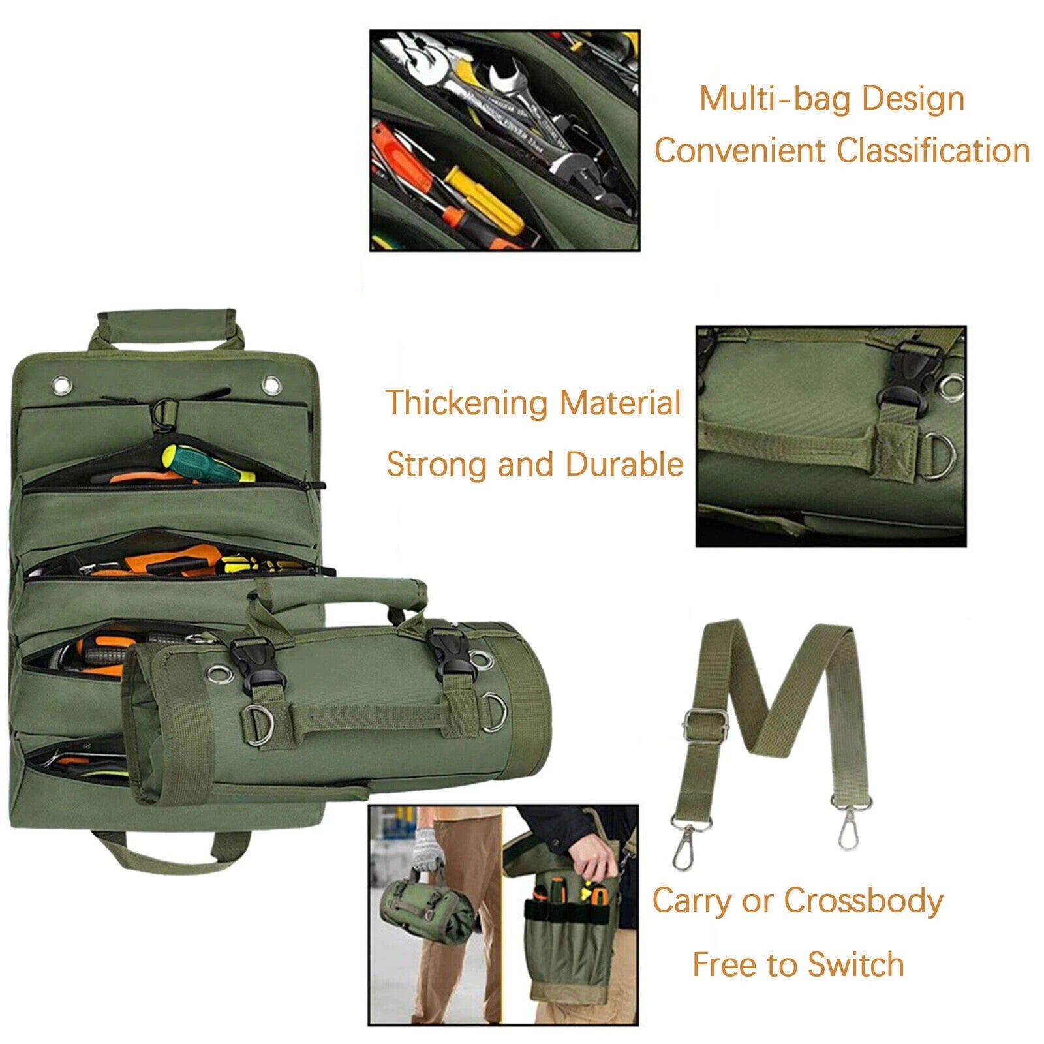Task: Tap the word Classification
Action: [x=933, y=151]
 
